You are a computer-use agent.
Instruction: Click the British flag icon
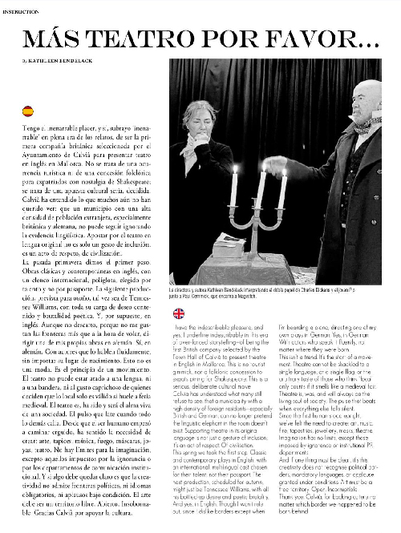(178, 313)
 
